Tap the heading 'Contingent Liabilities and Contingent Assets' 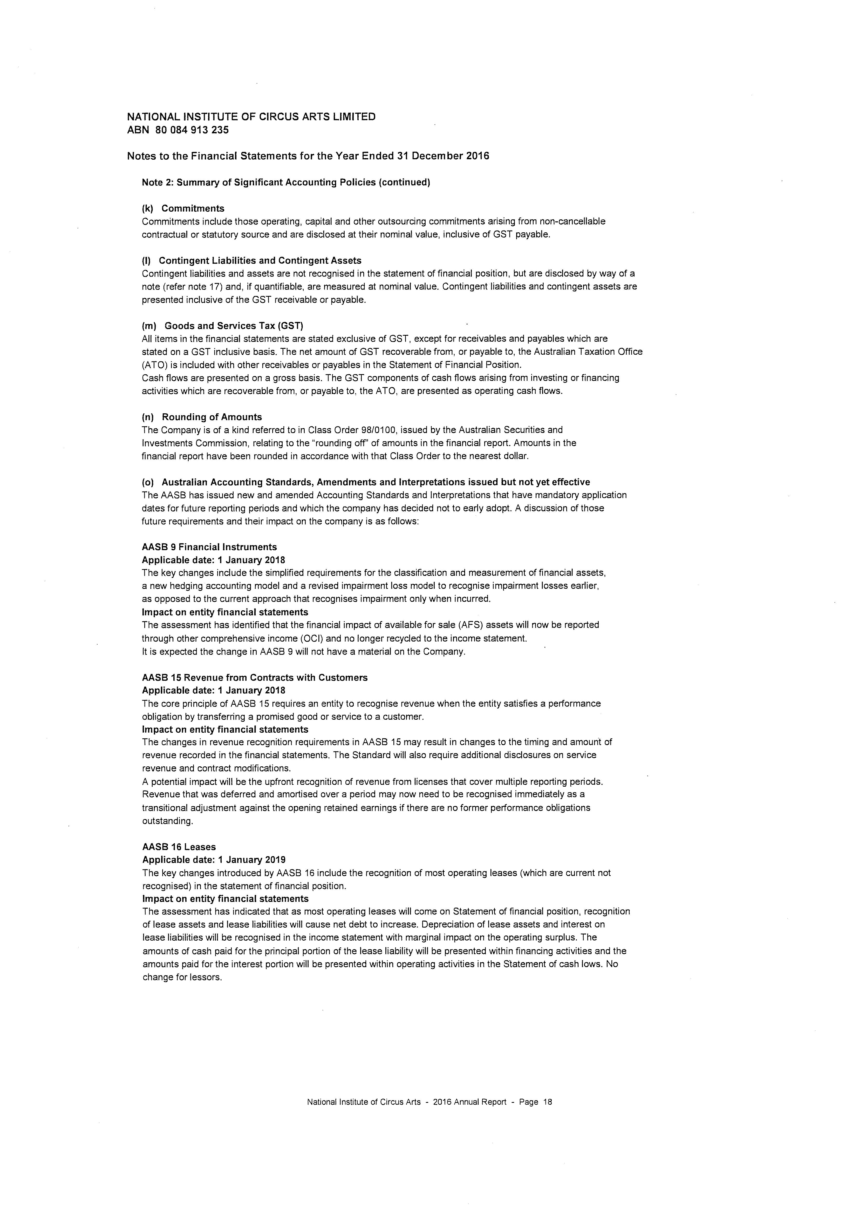pyautogui.click(x=260, y=260)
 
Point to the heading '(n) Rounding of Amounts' pyautogui.click(x=202, y=417)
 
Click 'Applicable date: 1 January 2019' pyautogui.click(x=214, y=860)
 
